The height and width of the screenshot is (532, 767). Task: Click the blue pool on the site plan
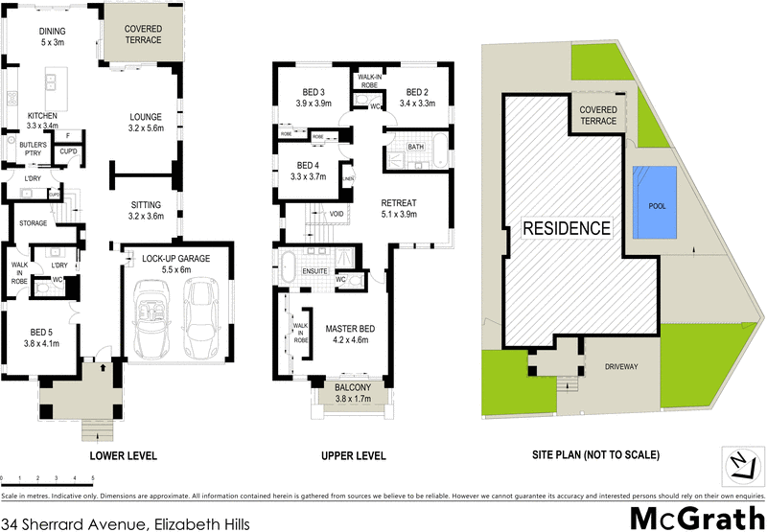point(656,204)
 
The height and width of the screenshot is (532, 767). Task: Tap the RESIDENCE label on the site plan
point(566,228)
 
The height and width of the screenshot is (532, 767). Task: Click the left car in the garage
point(153,318)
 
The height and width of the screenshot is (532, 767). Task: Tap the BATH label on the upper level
point(415,148)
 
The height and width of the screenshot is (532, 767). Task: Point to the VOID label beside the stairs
point(336,214)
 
